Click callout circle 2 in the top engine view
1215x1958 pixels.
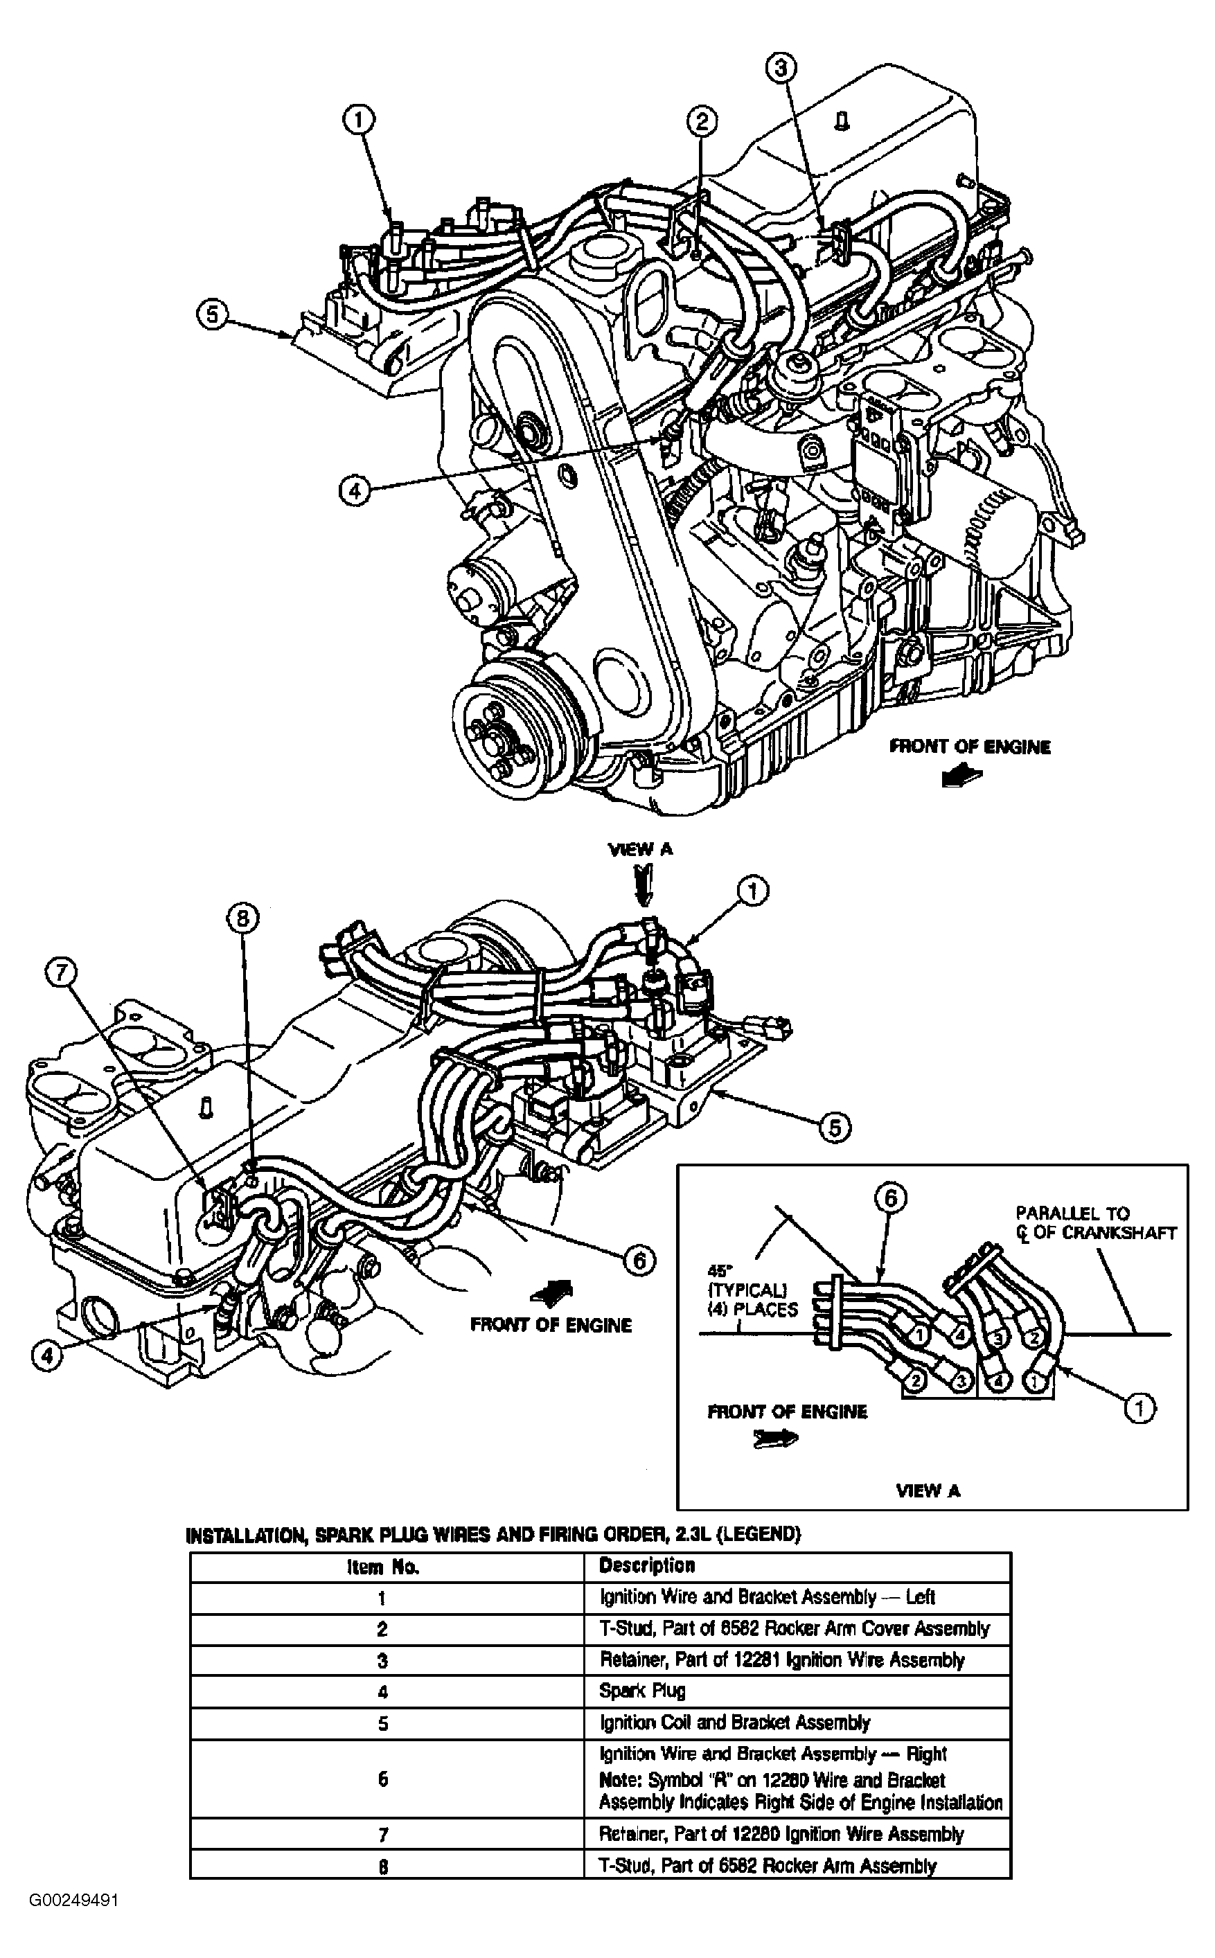pyautogui.click(x=702, y=121)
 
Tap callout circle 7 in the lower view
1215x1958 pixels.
pyautogui.click(x=61, y=974)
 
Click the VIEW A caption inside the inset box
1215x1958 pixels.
pyautogui.click(x=928, y=1490)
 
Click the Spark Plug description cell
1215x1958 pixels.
pyautogui.click(x=642, y=1691)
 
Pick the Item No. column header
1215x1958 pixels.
pyautogui.click(x=383, y=1567)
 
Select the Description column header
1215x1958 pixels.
pyautogui.click(x=647, y=1565)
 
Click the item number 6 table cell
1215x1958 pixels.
pyautogui.click(x=383, y=1779)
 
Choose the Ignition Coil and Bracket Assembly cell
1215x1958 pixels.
pyautogui.click(x=734, y=1723)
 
